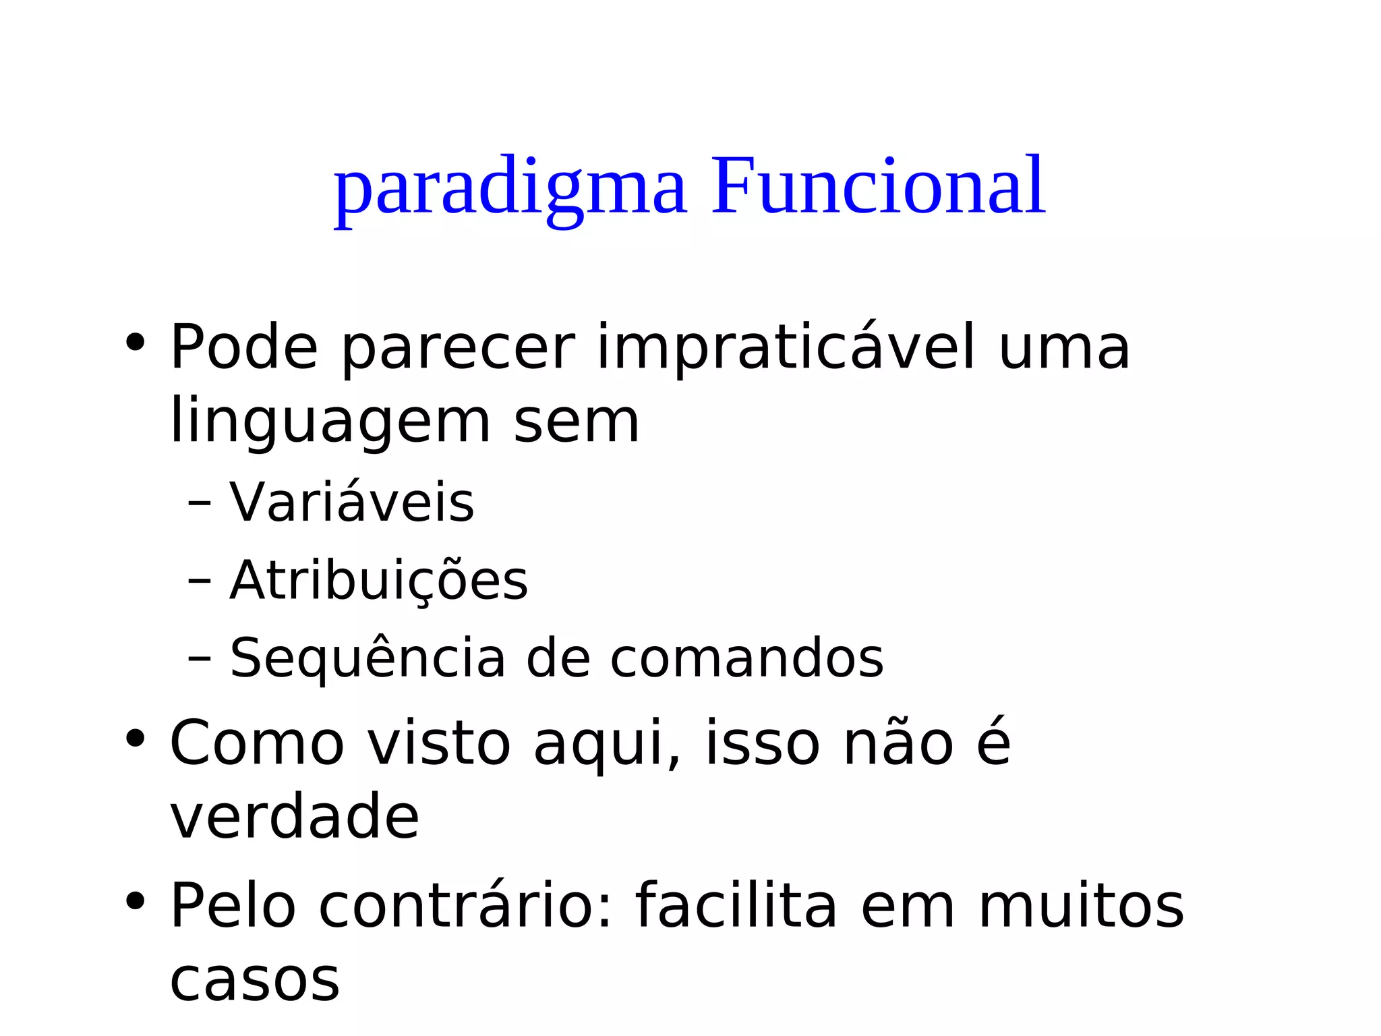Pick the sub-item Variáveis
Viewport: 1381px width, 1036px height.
click(352, 503)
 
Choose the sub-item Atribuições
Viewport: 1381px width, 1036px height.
click(379, 581)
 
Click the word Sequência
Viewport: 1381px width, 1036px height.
click(368, 658)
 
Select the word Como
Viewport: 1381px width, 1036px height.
click(257, 743)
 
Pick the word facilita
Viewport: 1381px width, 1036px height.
click(736, 906)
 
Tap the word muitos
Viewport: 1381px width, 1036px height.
click(1081, 906)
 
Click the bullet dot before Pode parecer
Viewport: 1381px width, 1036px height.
click(135, 343)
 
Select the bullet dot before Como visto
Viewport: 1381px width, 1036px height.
click(135, 739)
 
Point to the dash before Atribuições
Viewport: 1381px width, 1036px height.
click(200, 581)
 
